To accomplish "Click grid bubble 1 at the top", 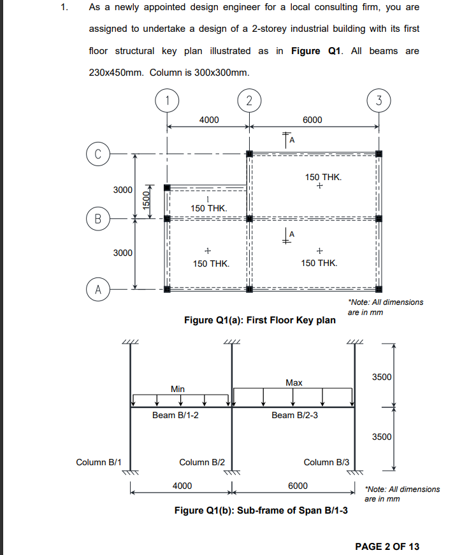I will [167, 99].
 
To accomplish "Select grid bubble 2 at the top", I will [249, 99].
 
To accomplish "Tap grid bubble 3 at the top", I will [379, 99].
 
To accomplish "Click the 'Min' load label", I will [178, 388].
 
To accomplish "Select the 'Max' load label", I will [294, 383].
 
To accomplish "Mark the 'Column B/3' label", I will [326, 462].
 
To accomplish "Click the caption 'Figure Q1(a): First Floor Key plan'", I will [259, 320].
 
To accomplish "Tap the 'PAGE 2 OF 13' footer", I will [387, 546].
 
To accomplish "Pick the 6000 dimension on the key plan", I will [312, 120].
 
